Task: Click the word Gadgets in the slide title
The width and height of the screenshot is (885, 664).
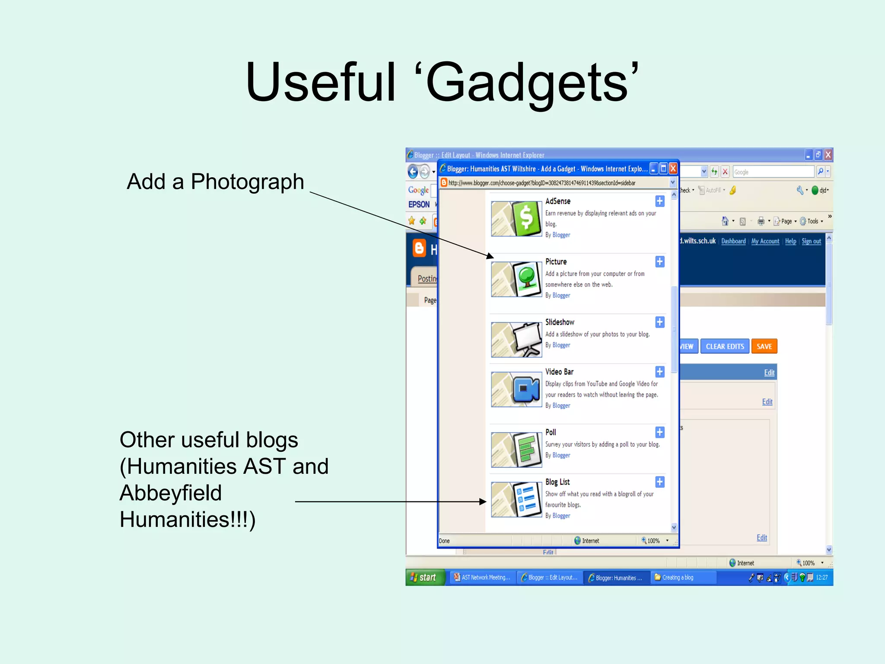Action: (527, 82)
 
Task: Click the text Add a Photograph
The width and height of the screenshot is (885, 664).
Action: (215, 182)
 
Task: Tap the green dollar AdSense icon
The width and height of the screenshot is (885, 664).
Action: (526, 218)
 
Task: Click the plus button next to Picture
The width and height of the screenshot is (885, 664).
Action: (659, 262)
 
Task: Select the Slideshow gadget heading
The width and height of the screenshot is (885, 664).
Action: (560, 322)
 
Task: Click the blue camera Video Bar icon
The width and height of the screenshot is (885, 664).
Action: (526, 389)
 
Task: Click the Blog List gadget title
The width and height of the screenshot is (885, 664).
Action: (557, 482)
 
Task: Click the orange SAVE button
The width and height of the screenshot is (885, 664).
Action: (764, 346)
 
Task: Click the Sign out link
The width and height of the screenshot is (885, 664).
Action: (811, 241)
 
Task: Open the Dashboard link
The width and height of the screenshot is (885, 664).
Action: (733, 241)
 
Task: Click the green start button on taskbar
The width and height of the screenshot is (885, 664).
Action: (424, 578)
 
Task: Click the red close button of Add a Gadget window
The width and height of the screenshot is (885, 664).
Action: (673, 169)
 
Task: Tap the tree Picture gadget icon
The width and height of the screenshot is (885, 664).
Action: (526, 279)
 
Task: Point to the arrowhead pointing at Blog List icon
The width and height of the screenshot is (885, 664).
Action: (484, 501)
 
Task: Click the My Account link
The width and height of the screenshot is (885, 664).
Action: (765, 241)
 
